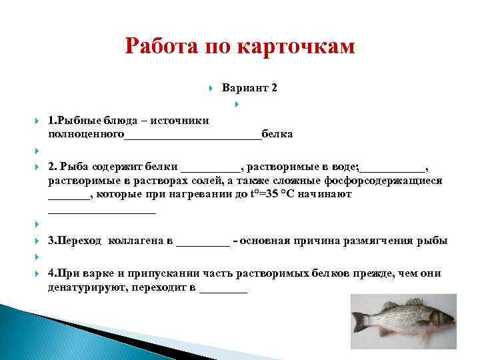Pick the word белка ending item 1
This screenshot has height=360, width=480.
coord(277,133)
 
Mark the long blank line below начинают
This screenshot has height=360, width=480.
coord(101,211)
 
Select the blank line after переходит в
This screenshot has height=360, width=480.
coord(223,291)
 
